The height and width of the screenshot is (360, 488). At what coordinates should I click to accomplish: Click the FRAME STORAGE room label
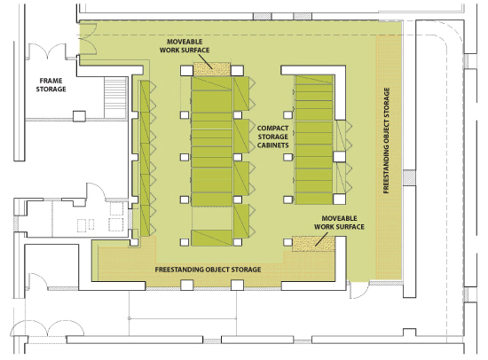pyautogui.click(x=51, y=85)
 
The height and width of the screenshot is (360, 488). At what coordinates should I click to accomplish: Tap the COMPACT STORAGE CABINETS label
pyautogui.click(x=273, y=137)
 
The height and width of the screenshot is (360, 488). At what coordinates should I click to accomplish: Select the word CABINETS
pyautogui.click(x=273, y=145)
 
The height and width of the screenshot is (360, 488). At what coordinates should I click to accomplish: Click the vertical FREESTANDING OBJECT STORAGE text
pyautogui.click(x=386, y=141)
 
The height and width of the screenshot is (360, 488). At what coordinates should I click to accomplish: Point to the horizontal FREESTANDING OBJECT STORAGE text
pyautogui.click(x=208, y=270)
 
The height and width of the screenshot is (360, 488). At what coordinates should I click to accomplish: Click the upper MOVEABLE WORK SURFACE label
pyautogui.click(x=185, y=46)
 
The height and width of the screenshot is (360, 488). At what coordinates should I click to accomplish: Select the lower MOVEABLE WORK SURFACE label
pyautogui.click(x=339, y=223)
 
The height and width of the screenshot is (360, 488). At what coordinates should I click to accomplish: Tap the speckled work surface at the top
pyautogui.click(x=212, y=69)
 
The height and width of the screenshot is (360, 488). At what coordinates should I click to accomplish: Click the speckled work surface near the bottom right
pyautogui.click(x=313, y=244)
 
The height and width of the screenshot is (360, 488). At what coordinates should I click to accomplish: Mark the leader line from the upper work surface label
pyautogui.click(x=204, y=61)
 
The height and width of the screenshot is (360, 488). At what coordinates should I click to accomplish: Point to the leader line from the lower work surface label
pyautogui.click(x=321, y=239)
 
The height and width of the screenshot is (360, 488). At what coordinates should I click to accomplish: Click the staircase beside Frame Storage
pyautogui.click(x=115, y=98)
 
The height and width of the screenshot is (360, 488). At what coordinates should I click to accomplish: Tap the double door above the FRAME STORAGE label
pyautogui.click(x=47, y=51)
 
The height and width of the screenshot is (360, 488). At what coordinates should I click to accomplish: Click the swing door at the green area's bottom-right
pyautogui.click(x=358, y=290)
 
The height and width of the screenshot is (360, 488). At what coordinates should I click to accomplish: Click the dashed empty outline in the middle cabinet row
pyautogui.click(x=212, y=218)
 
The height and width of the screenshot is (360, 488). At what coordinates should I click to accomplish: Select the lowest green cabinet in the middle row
pyautogui.click(x=212, y=238)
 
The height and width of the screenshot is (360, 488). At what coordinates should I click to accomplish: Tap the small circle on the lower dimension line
pyautogui.click(x=130, y=318)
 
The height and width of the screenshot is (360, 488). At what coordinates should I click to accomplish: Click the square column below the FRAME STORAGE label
pyautogui.click(x=79, y=116)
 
